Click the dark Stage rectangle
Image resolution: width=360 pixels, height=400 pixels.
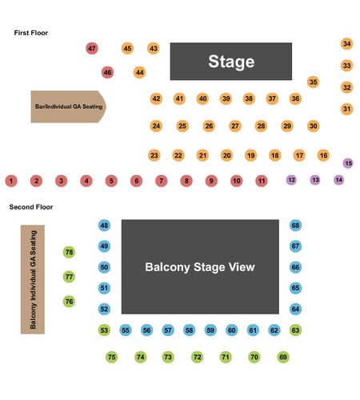tap(231, 62)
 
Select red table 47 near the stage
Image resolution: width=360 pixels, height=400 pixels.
tap(92, 49)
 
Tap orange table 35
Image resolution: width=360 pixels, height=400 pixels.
tap(314, 82)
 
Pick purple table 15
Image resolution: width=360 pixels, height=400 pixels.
tap(348, 163)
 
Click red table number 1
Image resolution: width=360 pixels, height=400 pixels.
tap(11, 181)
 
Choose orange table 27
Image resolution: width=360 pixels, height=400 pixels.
tap(235, 126)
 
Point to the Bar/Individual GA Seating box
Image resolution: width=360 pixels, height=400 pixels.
tap(69, 106)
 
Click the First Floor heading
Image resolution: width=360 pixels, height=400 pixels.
tap(31, 33)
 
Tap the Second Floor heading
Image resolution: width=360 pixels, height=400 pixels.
tap(31, 207)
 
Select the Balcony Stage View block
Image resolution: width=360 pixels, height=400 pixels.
tap(200, 266)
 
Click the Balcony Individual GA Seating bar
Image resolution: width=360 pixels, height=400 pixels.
tap(33, 279)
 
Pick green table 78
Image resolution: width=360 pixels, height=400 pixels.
tap(69, 252)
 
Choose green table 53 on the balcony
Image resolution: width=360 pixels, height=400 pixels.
tap(104, 330)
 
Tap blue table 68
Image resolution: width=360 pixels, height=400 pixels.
tap(295, 226)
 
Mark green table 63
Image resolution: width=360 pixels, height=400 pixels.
tap(295, 330)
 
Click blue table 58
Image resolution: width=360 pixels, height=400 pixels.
tap(189, 330)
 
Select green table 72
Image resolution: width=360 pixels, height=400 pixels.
tap(198, 357)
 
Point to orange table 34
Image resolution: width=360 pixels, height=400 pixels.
tap(347, 44)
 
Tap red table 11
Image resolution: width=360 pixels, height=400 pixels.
tap(262, 181)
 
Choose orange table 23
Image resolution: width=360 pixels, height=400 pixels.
tap(154, 155)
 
